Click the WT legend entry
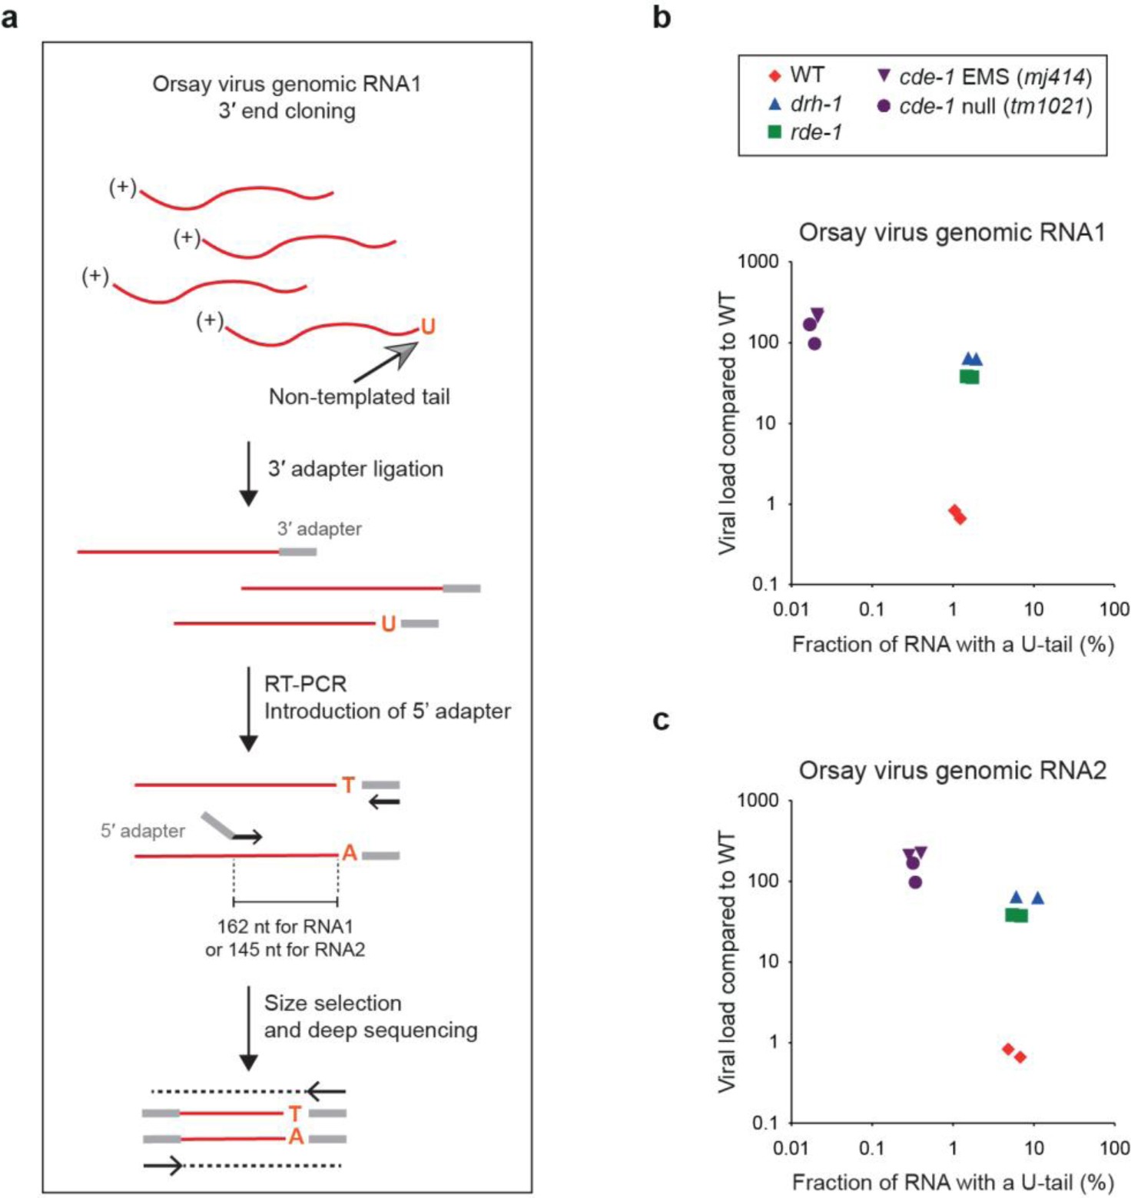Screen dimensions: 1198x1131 click(796, 75)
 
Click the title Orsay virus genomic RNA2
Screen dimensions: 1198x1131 click(952, 770)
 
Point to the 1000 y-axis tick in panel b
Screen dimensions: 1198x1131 click(758, 262)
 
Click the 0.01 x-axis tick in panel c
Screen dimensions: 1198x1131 click(791, 1148)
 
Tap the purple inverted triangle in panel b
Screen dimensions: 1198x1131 click(818, 314)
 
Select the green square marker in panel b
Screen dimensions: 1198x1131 click(970, 377)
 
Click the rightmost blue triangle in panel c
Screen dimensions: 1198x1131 click(1037, 898)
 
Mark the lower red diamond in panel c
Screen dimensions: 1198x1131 click(1020, 1057)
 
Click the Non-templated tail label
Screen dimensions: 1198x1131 click(359, 397)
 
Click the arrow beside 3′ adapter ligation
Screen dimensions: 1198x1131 click(248, 473)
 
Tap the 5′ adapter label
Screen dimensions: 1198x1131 click(142, 831)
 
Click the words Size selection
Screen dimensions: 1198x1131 click(333, 1003)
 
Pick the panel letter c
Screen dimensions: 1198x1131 click(660, 720)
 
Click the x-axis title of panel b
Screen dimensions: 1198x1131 click(953, 644)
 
